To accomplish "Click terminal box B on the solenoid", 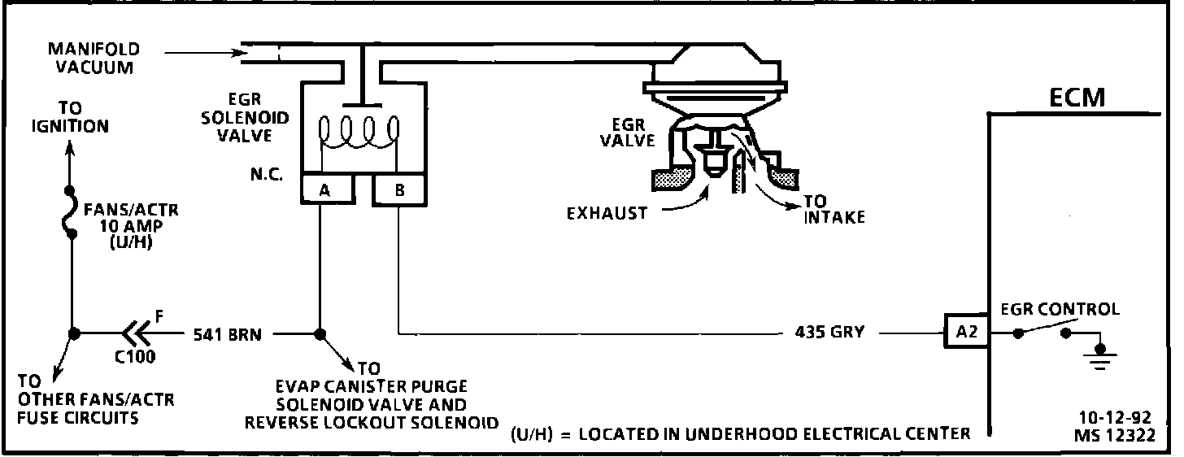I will [398, 189].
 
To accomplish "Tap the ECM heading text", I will [1077, 98].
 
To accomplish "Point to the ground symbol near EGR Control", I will [1101, 356].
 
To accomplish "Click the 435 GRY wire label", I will [829, 333].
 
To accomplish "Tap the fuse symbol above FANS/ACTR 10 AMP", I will [72, 213].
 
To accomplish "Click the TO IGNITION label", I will [70, 118].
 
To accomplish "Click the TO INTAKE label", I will [834, 210].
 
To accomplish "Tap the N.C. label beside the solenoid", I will [265, 175].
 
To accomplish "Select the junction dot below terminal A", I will [319, 333].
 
